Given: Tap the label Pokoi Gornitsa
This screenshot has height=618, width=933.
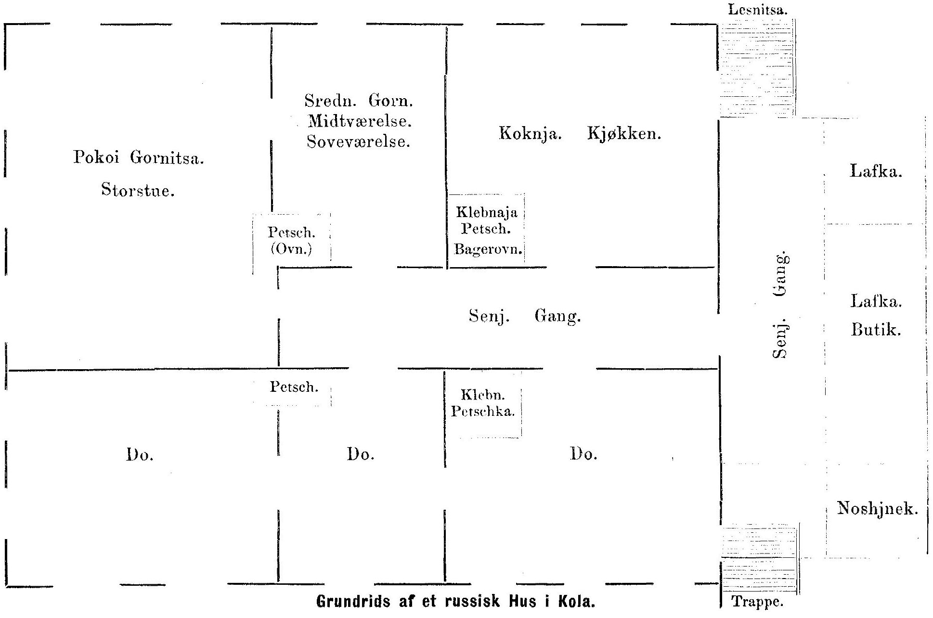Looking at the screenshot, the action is click(x=139, y=157).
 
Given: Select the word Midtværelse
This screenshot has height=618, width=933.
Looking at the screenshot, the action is click(x=360, y=121).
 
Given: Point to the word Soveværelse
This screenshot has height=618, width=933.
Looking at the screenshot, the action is click(x=359, y=142).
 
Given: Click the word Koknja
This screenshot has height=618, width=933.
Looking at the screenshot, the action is click(x=530, y=133).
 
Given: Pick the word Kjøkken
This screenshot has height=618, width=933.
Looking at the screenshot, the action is click(x=624, y=133).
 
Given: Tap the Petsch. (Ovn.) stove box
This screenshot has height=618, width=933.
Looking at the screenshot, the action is click(x=292, y=244).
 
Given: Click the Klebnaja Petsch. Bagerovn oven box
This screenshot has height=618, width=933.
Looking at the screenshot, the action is click(x=486, y=231).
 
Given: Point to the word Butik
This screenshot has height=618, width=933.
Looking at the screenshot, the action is click(x=876, y=330).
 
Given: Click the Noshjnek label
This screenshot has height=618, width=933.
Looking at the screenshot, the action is click(x=877, y=508).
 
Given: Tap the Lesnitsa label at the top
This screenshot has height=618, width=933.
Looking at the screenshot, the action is click(x=758, y=10).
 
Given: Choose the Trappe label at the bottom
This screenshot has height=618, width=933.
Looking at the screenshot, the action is click(x=758, y=602).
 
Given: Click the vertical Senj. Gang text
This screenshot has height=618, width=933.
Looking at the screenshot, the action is click(x=779, y=304).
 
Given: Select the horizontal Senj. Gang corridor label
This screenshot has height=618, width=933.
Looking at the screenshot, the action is click(x=525, y=317).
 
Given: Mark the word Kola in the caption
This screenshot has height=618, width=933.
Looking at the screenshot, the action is click(x=577, y=602).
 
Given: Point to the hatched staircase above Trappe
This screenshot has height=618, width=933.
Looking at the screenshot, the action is click(x=759, y=560).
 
